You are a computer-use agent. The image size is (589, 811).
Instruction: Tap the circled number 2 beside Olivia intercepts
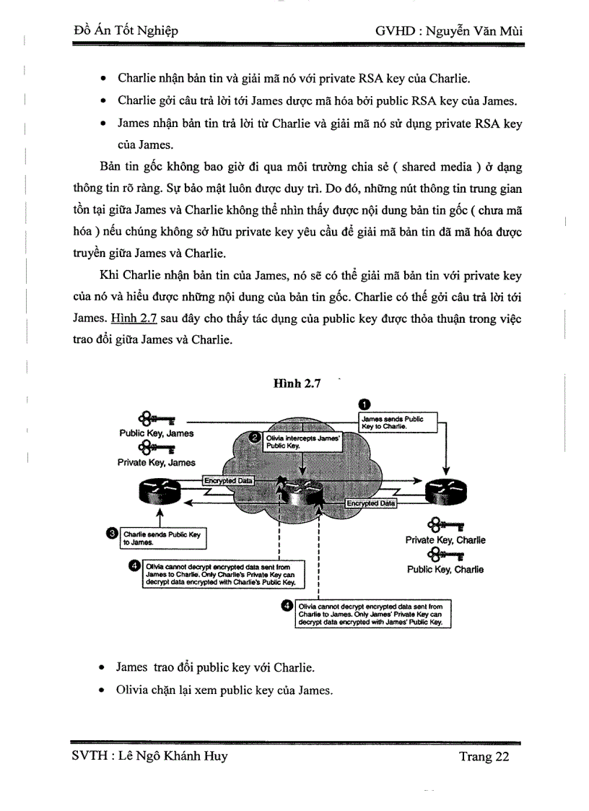[x=254, y=437]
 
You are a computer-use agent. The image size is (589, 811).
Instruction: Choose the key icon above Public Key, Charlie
[x=445, y=555]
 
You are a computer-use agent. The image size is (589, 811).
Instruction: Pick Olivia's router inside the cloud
[x=301, y=494]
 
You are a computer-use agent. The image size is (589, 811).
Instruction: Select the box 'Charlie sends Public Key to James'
[x=163, y=538]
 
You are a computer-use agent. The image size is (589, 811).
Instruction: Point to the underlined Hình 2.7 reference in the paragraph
[x=134, y=317]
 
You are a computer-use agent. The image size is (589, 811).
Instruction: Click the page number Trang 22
[x=484, y=757]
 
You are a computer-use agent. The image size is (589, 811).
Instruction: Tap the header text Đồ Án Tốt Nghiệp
[x=126, y=30]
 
